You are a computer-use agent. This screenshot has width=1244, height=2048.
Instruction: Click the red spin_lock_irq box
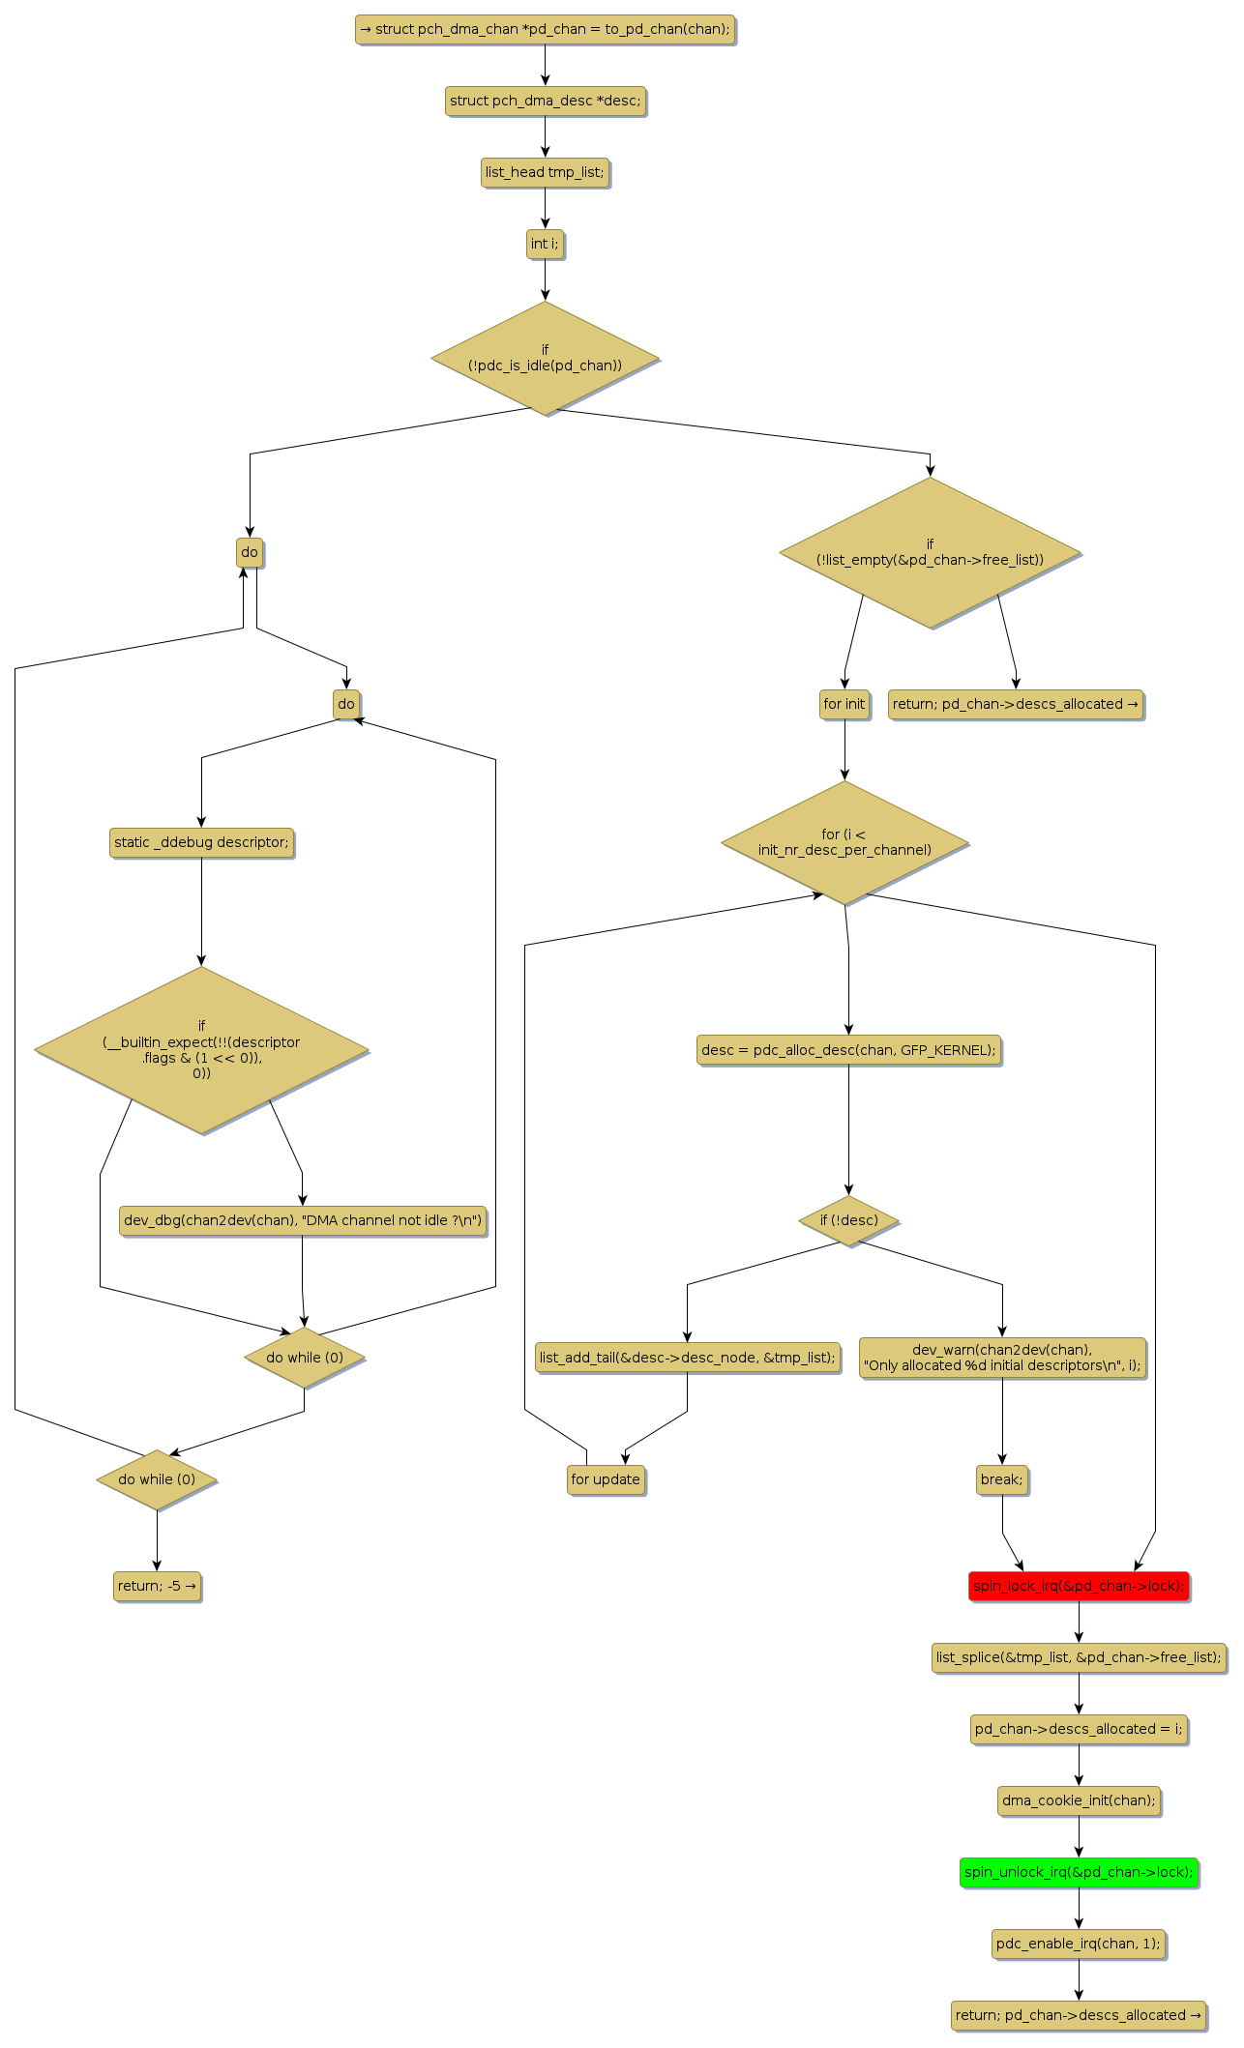click(x=1079, y=1586)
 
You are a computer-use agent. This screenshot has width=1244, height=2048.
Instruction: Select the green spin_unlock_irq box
click(x=1079, y=1872)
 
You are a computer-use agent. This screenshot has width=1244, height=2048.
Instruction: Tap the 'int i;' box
click(x=545, y=244)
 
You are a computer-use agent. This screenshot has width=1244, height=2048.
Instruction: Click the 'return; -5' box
click(x=157, y=1586)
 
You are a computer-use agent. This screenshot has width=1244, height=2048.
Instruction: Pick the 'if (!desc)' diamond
click(x=849, y=1220)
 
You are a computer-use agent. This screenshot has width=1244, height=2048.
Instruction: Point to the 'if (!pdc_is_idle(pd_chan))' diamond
click(x=545, y=358)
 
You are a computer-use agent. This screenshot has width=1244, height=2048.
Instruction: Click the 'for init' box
click(x=844, y=704)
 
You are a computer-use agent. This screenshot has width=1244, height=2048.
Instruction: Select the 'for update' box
click(x=606, y=1479)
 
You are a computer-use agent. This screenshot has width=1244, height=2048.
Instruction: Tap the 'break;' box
click(x=1002, y=1479)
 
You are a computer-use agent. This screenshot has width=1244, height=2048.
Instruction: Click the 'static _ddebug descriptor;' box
click(x=201, y=842)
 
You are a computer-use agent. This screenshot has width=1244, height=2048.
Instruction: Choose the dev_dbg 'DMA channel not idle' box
click(x=303, y=1220)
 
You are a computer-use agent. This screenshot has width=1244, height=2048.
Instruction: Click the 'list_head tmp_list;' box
click(x=545, y=172)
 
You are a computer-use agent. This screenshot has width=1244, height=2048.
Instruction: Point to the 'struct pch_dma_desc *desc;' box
click(x=545, y=101)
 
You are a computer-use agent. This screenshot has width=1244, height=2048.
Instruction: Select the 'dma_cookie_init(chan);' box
click(x=1079, y=1800)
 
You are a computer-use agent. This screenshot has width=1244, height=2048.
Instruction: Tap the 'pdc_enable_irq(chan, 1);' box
click(x=1079, y=1944)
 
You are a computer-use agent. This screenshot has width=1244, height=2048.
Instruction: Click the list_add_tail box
click(x=687, y=1358)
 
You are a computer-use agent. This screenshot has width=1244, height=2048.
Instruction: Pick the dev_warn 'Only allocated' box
click(x=1002, y=1358)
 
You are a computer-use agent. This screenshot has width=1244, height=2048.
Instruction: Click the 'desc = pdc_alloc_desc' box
click(x=848, y=1050)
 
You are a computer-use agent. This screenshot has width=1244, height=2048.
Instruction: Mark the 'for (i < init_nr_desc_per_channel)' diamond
click(x=844, y=842)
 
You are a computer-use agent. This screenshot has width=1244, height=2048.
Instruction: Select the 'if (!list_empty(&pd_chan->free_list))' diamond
click(x=930, y=552)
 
